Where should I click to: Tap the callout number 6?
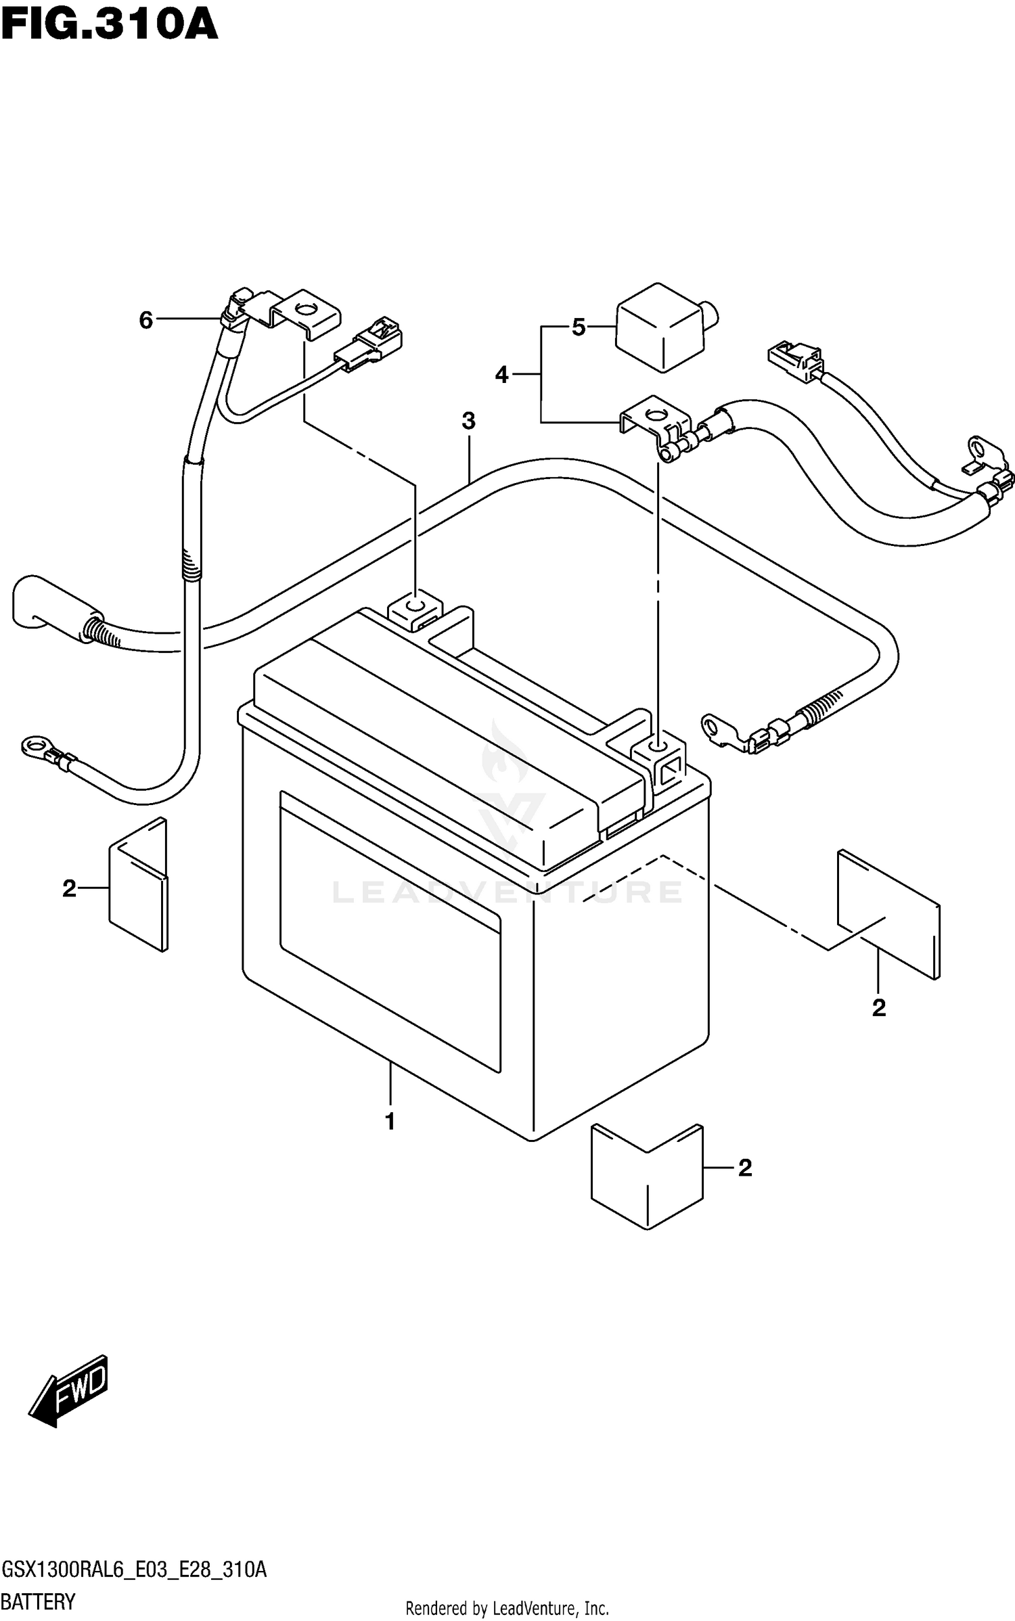point(146,320)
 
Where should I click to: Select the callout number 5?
point(579,327)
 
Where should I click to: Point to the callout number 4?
point(501,374)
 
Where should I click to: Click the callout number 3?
point(468,421)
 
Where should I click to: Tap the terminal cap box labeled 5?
point(660,327)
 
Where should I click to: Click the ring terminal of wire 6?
point(34,745)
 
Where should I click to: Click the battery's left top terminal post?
point(414,604)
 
